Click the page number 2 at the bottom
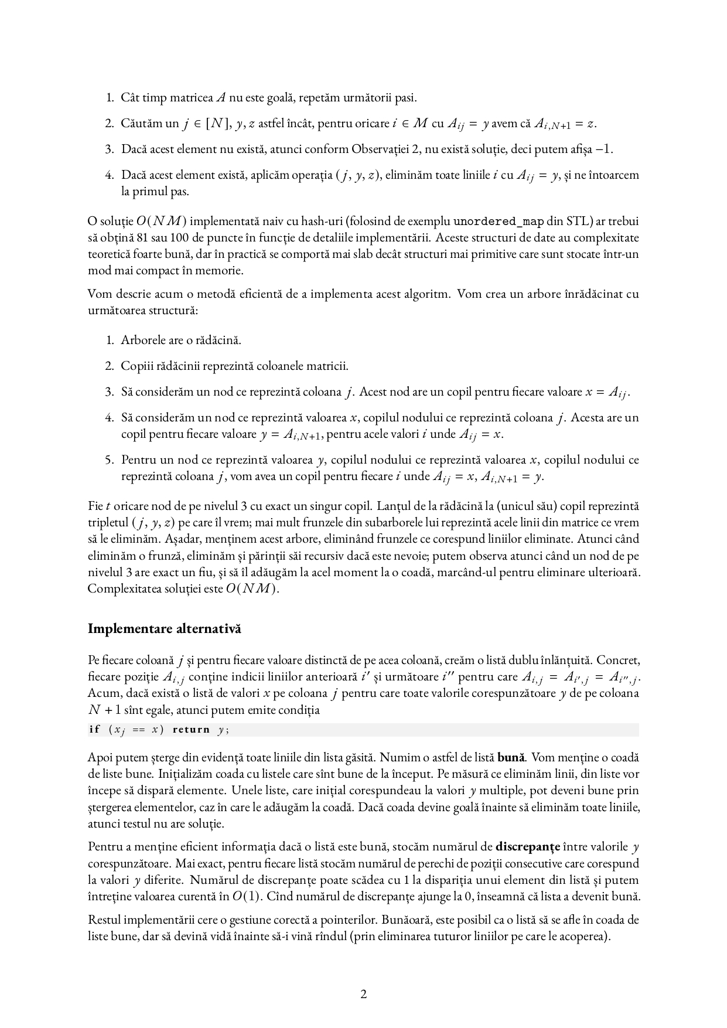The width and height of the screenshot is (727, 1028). point(363,994)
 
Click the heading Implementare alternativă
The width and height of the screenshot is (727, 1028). point(164,629)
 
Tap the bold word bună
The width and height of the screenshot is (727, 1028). point(510,757)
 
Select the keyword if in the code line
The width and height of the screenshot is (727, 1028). point(94,730)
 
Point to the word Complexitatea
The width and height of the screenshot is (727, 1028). point(122,588)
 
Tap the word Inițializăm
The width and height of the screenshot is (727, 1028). point(161,774)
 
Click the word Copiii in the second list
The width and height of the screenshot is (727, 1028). point(135,366)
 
